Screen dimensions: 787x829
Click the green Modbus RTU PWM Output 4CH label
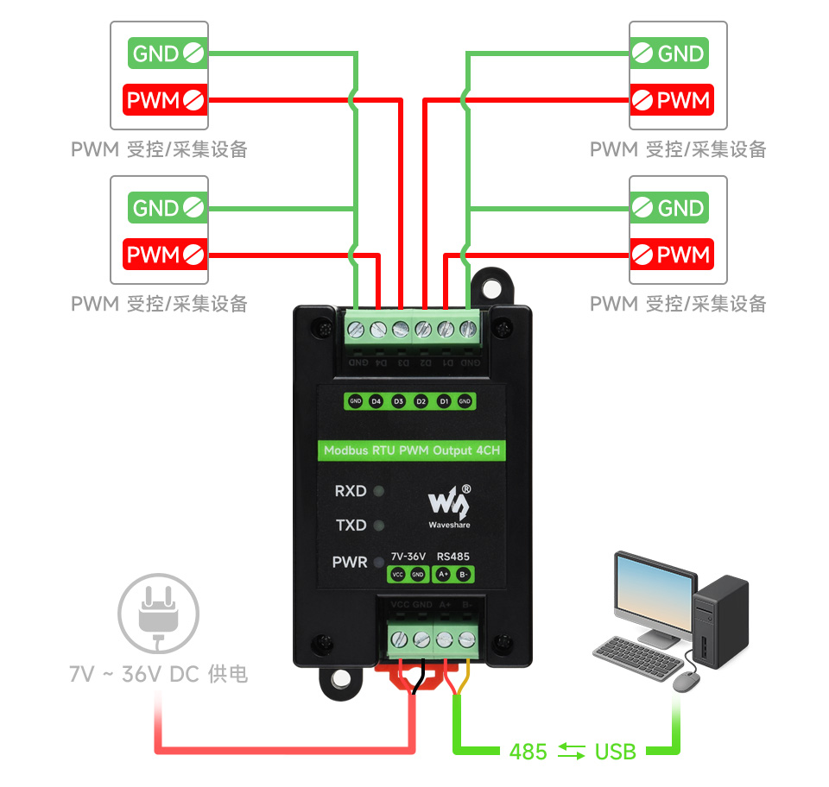click(x=411, y=450)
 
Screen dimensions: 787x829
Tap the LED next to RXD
click(x=377, y=492)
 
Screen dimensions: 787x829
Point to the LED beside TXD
click(x=377, y=525)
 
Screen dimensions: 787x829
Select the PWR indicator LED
click(x=377, y=563)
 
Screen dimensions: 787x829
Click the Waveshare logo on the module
click(x=450, y=505)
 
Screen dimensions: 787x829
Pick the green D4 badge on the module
click(x=376, y=401)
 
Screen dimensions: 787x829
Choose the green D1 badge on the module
click(x=443, y=401)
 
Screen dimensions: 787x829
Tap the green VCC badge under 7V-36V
click(x=398, y=574)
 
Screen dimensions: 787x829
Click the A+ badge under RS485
click(x=443, y=574)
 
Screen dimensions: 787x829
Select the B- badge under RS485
click(x=464, y=574)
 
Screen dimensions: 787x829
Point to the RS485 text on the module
click(x=453, y=557)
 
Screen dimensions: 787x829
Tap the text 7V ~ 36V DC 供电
click(x=159, y=674)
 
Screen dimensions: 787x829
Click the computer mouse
click(x=686, y=682)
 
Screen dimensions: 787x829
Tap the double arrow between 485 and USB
click(x=571, y=752)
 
